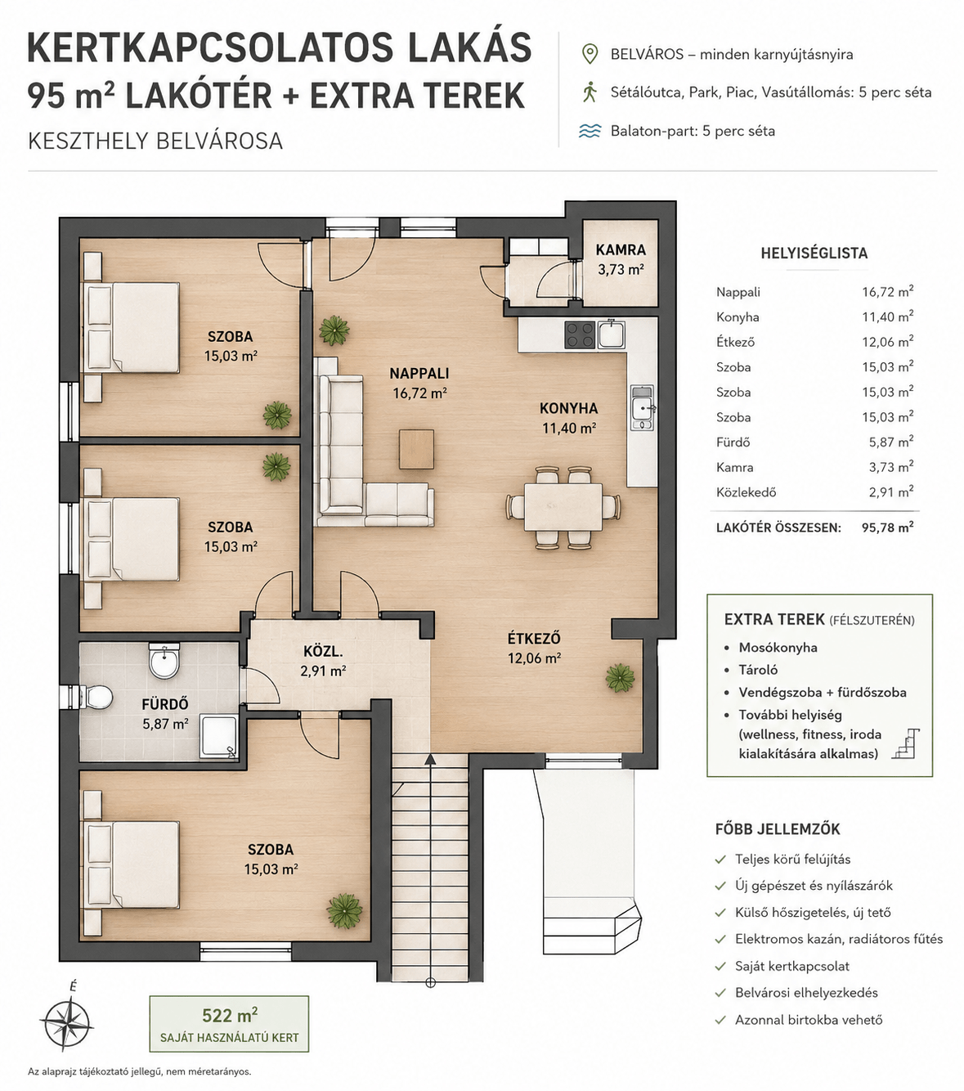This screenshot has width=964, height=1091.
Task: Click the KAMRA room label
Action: click(621, 250)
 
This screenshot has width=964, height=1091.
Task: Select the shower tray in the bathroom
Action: click(218, 737)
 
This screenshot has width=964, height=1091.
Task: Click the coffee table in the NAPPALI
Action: click(416, 449)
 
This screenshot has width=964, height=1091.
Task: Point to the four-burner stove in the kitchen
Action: click(580, 334)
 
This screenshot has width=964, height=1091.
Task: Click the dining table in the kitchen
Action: click(563, 507)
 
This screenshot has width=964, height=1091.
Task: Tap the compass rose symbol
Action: click(67, 1021)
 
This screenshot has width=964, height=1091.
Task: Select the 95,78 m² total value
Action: click(887, 528)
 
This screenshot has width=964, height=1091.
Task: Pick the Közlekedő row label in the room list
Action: click(746, 492)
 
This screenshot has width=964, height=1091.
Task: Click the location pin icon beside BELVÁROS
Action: click(590, 55)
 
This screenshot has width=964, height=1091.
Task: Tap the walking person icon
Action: click(590, 92)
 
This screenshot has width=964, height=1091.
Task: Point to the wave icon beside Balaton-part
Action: click(590, 131)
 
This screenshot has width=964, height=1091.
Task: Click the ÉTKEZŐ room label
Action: click(534, 639)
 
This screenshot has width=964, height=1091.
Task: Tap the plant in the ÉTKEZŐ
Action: click(619, 677)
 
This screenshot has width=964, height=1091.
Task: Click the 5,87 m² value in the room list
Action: click(890, 442)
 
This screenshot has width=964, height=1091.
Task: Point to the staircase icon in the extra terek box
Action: click(905, 743)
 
